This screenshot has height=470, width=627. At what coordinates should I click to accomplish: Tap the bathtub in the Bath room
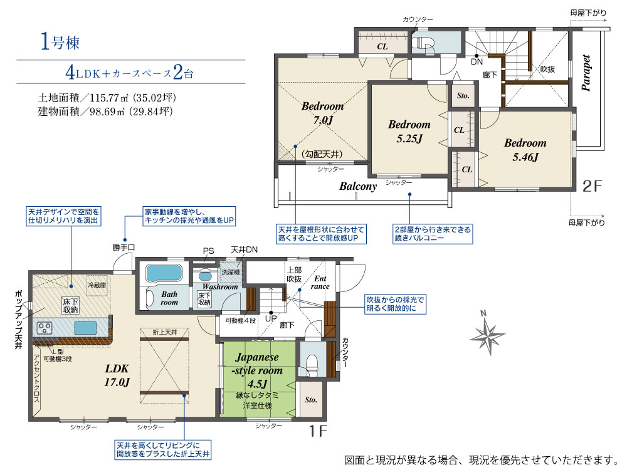[164, 273]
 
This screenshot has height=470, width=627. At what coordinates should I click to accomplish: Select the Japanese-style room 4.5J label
[257, 370]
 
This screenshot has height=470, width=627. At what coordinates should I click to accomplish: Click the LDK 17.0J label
[117, 375]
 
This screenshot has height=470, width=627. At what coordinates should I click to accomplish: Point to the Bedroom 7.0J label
[323, 113]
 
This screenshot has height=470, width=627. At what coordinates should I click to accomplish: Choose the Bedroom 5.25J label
[409, 131]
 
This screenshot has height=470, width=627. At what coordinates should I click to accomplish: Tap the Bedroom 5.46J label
[525, 150]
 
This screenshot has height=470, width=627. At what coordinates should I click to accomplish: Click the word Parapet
[586, 73]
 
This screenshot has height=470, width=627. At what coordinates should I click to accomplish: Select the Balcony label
[358, 186]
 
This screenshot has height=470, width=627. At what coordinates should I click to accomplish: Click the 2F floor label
[593, 186]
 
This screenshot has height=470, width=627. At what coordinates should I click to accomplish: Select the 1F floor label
[319, 431]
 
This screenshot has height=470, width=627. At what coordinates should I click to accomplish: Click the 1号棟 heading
[60, 41]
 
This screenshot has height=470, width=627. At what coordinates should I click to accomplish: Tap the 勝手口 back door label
[124, 248]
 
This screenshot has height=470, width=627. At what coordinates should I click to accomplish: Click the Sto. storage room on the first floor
[311, 400]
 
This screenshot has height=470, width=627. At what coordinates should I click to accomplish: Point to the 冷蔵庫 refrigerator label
[97, 285]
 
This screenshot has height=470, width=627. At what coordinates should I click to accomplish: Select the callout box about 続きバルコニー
[433, 234]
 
